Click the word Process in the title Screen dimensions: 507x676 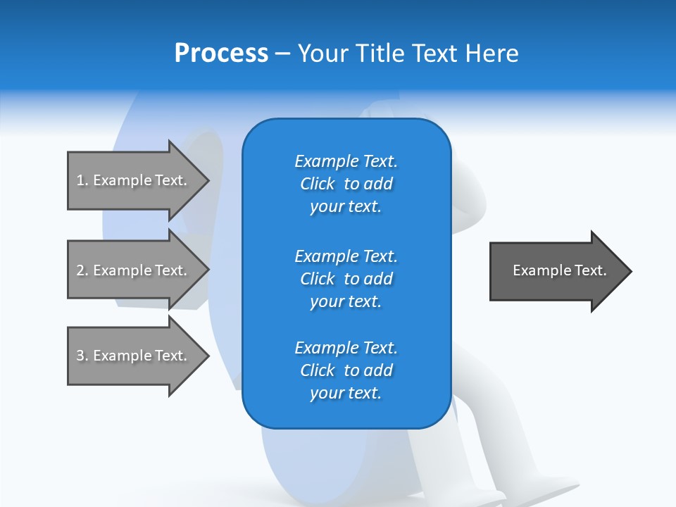[x=221, y=54]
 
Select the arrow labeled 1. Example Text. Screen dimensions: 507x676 [x=134, y=180]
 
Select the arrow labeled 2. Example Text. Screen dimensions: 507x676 [x=134, y=270]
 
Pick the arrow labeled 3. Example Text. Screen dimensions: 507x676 [x=134, y=356]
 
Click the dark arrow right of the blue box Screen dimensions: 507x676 [x=556, y=271]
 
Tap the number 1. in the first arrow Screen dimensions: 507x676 [x=82, y=180]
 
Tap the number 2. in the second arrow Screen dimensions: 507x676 [x=82, y=270]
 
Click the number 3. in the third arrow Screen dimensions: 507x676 [x=82, y=356]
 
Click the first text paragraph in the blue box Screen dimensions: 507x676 [x=346, y=184]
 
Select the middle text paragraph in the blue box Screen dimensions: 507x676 [x=346, y=279]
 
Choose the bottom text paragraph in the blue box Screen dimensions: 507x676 [x=346, y=370]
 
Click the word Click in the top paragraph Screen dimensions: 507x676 [x=318, y=184]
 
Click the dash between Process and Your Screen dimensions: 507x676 [x=283, y=54]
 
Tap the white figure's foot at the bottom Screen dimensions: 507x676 [x=542, y=489]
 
